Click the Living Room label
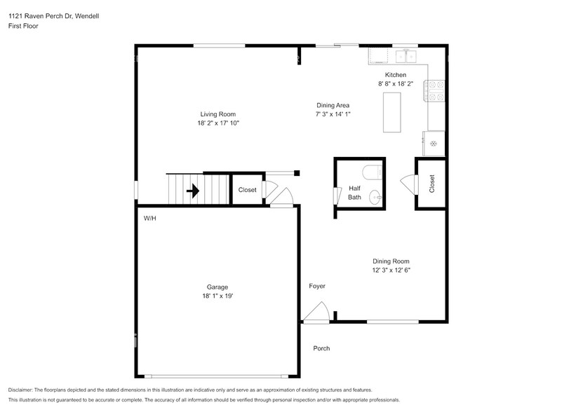click(217, 114)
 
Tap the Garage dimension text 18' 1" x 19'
click(217, 296)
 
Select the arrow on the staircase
click(192, 190)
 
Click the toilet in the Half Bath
click(370, 173)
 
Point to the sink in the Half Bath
click(376, 197)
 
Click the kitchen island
click(392, 112)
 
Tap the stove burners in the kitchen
click(435, 90)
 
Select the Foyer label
click(317, 286)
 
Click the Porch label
click(321, 348)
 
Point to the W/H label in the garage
click(149, 219)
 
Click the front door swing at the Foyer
click(318, 313)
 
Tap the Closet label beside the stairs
click(247, 190)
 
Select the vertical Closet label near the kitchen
click(431, 184)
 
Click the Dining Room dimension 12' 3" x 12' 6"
click(391, 270)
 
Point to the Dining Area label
click(332, 105)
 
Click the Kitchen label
click(395, 75)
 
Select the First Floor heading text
click(23, 26)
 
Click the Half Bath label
click(355, 193)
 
